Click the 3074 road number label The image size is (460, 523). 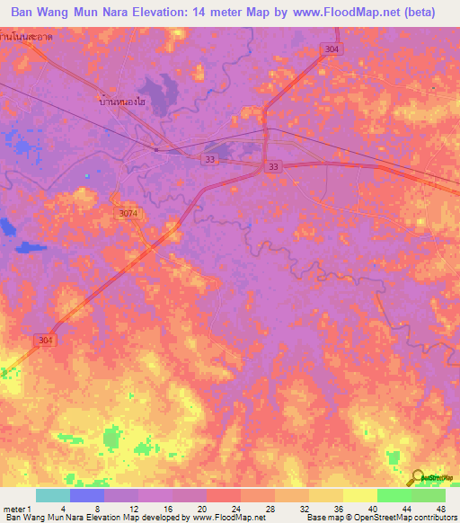128,212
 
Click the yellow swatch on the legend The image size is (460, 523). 326,496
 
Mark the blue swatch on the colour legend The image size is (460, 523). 87,496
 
